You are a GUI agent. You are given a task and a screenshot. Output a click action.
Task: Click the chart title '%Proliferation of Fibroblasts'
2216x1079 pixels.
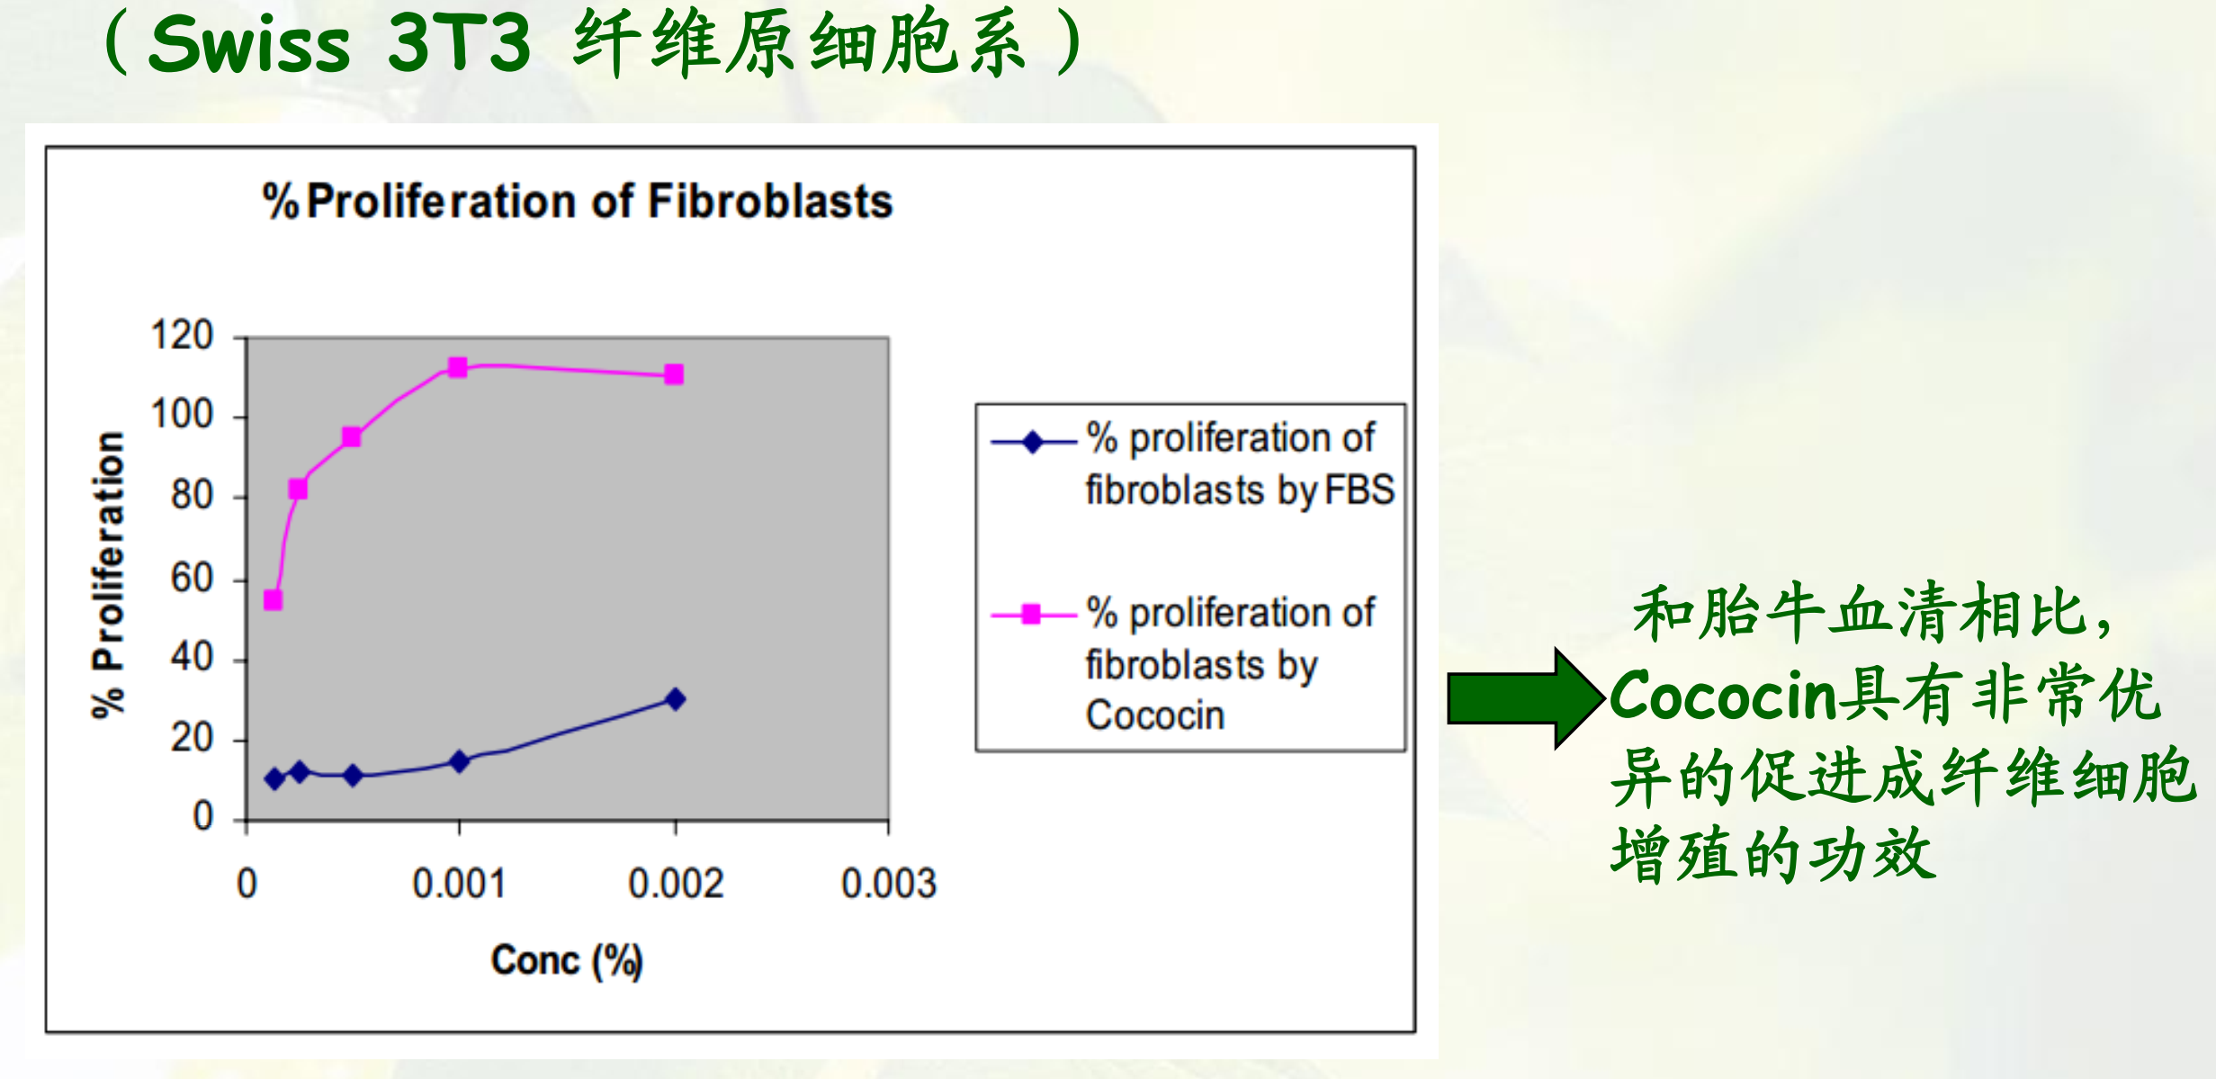coord(577,202)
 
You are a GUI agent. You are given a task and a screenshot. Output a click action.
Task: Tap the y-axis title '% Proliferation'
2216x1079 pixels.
coord(109,575)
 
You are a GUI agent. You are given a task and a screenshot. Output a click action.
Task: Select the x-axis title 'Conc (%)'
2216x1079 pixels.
coord(567,961)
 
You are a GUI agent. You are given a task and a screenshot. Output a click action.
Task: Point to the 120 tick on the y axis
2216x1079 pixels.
coord(182,336)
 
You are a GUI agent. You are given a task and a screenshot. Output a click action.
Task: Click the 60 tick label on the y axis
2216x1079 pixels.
coord(192,578)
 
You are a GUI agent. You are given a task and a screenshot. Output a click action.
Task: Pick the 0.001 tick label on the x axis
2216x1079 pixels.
coord(459,885)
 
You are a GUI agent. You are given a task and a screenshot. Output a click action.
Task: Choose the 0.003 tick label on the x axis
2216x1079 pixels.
coord(889,885)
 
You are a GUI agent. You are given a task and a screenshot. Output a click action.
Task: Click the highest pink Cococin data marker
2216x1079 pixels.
coord(458,367)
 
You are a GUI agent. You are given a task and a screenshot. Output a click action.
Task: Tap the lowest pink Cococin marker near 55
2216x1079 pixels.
coord(274,600)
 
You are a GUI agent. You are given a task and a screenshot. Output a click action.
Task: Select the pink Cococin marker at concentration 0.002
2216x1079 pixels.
coord(674,374)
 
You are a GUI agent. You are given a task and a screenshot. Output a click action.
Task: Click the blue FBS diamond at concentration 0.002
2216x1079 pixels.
coord(675,699)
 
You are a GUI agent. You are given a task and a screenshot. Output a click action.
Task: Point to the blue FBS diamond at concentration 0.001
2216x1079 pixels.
coord(459,761)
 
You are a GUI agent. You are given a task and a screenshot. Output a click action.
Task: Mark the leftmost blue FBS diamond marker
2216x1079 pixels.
coord(275,778)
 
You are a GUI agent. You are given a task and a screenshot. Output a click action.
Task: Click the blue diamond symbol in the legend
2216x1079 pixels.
coord(1033,442)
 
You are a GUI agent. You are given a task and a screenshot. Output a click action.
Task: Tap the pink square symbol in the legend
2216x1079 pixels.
coord(1032,615)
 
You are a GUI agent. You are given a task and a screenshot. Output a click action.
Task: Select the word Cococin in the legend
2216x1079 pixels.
coord(1155,715)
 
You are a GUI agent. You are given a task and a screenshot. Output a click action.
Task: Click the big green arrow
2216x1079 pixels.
coord(1526,698)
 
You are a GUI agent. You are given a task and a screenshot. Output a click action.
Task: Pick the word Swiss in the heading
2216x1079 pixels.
coord(248,45)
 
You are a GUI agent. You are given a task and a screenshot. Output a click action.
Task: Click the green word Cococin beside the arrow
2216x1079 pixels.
coord(1721,696)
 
